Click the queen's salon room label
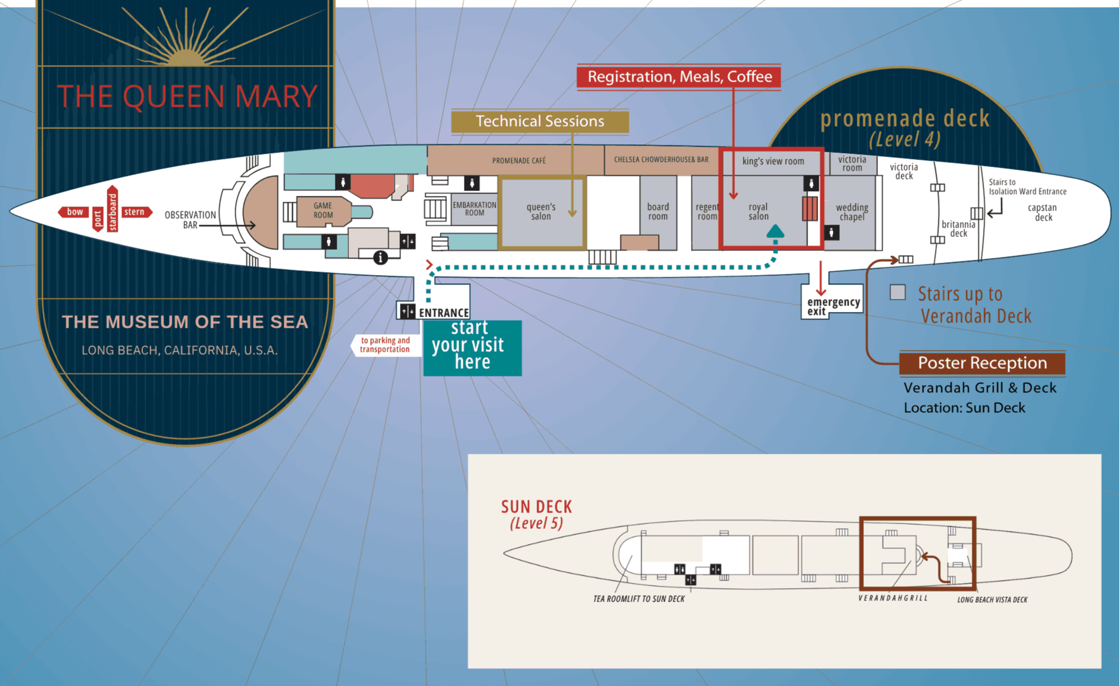pyautogui.click(x=541, y=212)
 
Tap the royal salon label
pyautogui.click(x=758, y=212)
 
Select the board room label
pyautogui.click(x=657, y=212)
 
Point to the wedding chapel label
pyautogui.click(x=852, y=212)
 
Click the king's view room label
pyautogui.click(x=773, y=161)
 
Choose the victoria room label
pyautogui.click(x=852, y=164)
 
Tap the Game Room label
pyautogui.click(x=323, y=210)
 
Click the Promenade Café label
pyautogui.click(x=518, y=161)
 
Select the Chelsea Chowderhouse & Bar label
pyautogui.click(x=661, y=159)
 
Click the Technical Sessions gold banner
pyautogui.click(x=540, y=121)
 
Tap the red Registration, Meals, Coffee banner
pyautogui.click(x=679, y=77)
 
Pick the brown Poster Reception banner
pyautogui.click(x=982, y=363)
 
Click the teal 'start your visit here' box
pyautogui.click(x=472, y=347)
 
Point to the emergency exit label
pyautogui.click(x=833, y=306)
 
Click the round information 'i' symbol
pyautogui.click(x=381, y=257)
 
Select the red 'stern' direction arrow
pyautogui.click(x=137, y=212)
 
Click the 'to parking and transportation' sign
pyautogui.click(x=385, y=345)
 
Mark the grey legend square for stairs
pyautogui.click(x=897, y=292)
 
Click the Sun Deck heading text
pyautogui.click(x=536, y=507)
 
